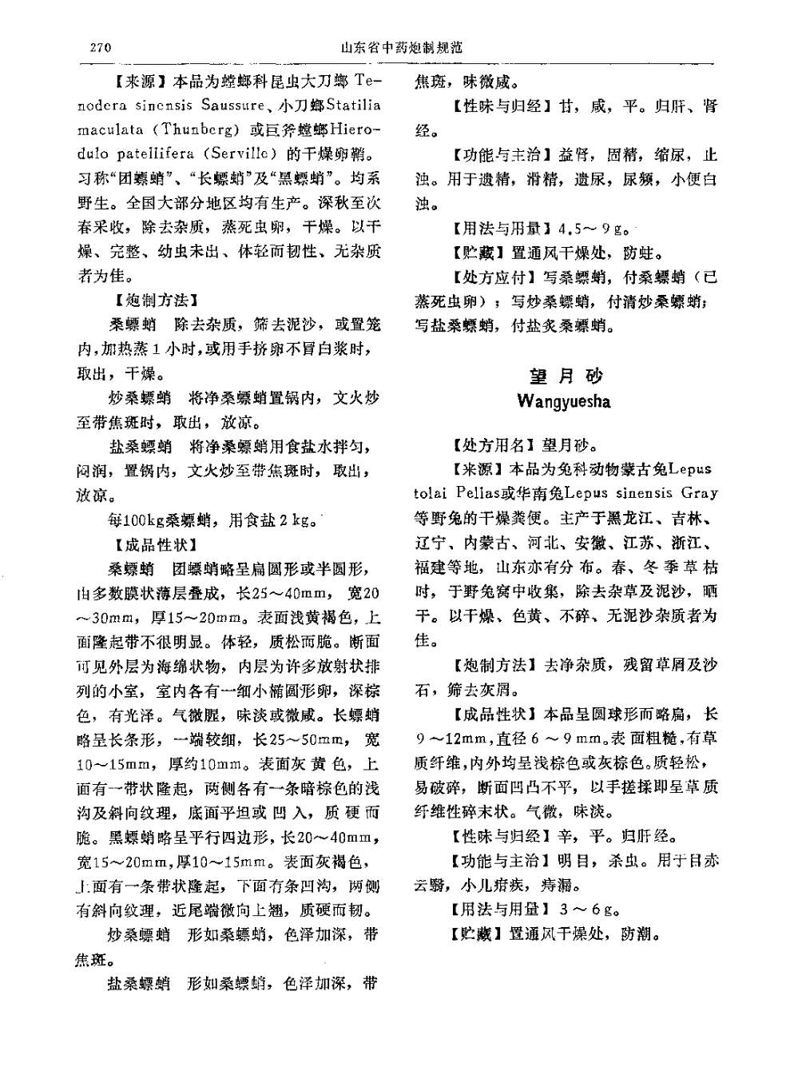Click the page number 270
101,47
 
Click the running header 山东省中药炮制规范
401,47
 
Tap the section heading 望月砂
566,376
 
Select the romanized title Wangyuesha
564,401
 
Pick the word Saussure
232,105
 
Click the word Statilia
353,105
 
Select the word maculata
109,129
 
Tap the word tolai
431,493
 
